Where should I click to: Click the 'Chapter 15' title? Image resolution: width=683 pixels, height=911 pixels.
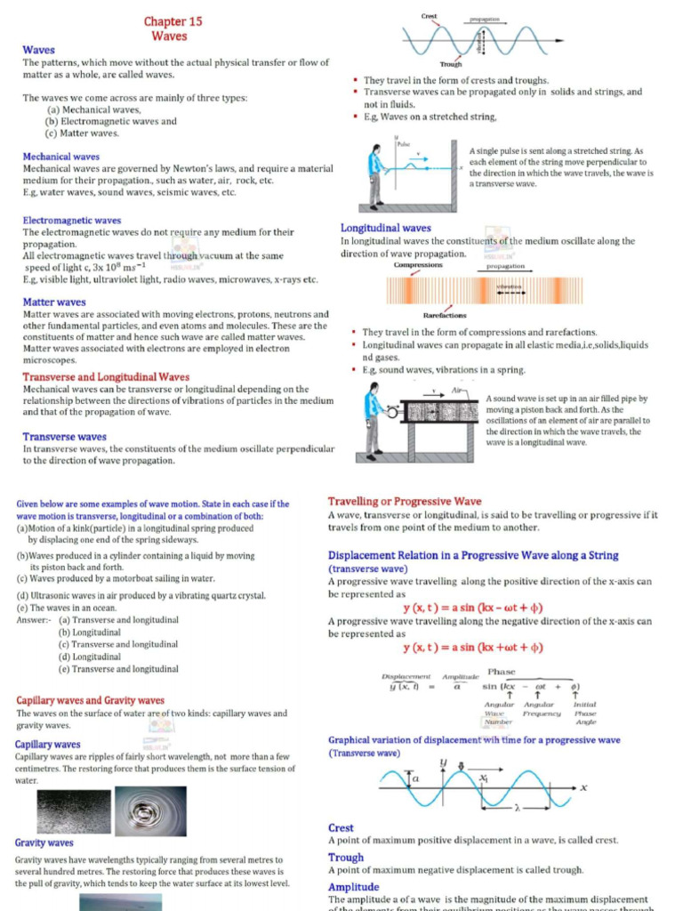pos(173,20)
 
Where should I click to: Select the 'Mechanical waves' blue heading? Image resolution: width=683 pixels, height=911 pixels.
pos(60,157)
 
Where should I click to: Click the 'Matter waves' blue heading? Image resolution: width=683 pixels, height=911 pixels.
pos(54,302)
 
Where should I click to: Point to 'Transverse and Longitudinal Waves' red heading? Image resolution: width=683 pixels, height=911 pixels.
pos(106,377)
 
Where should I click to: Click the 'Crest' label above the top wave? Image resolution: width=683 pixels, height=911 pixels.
pos(430,17)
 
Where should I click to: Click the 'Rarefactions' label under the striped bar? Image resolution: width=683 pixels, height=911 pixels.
pos(444,315)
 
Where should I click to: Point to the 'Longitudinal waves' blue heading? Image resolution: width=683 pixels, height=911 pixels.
pos(386,229)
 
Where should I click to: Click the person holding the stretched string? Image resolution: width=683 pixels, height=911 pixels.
pos(375,174)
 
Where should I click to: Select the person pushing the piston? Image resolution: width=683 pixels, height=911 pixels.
pos(373,417)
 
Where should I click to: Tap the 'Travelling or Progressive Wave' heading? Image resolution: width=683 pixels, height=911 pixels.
pos(405,502)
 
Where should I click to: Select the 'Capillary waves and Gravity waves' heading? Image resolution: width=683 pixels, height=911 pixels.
pos(90,701)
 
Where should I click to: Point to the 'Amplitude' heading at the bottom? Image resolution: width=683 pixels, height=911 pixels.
pos(353,887)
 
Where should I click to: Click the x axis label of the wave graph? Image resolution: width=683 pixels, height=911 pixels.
pos(583,787)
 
